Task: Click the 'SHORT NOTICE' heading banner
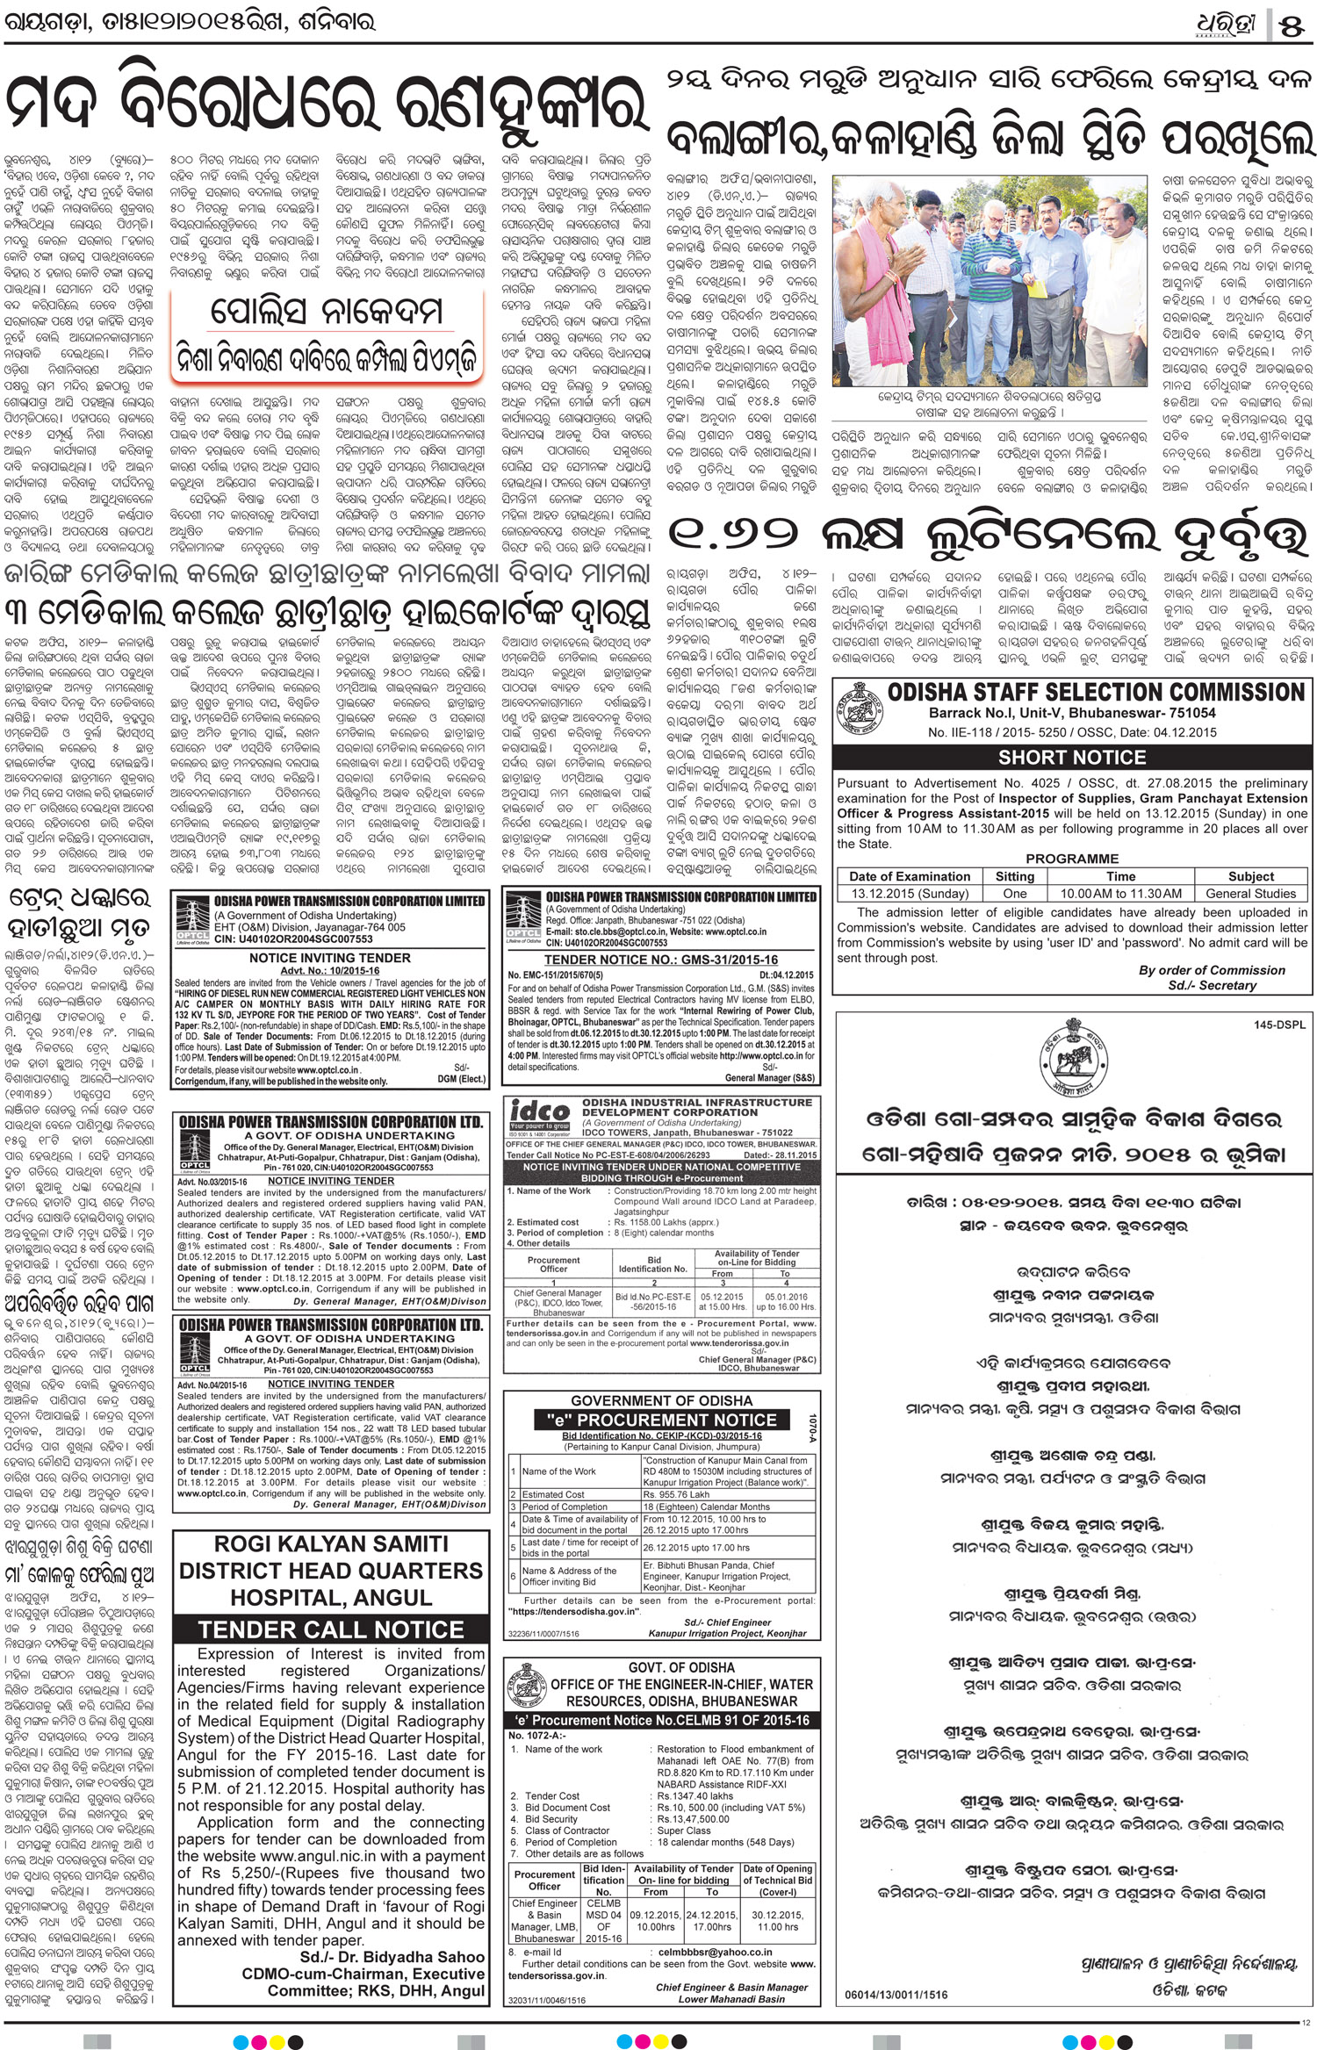1071,757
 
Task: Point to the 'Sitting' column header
1014,876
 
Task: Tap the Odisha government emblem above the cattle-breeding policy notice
1070,1063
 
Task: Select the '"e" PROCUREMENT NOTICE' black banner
656,1420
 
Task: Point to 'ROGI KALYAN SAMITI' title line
331,1544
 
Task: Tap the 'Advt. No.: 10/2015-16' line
329,970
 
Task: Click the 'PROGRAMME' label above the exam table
1071,859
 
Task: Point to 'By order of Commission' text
1211,970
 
